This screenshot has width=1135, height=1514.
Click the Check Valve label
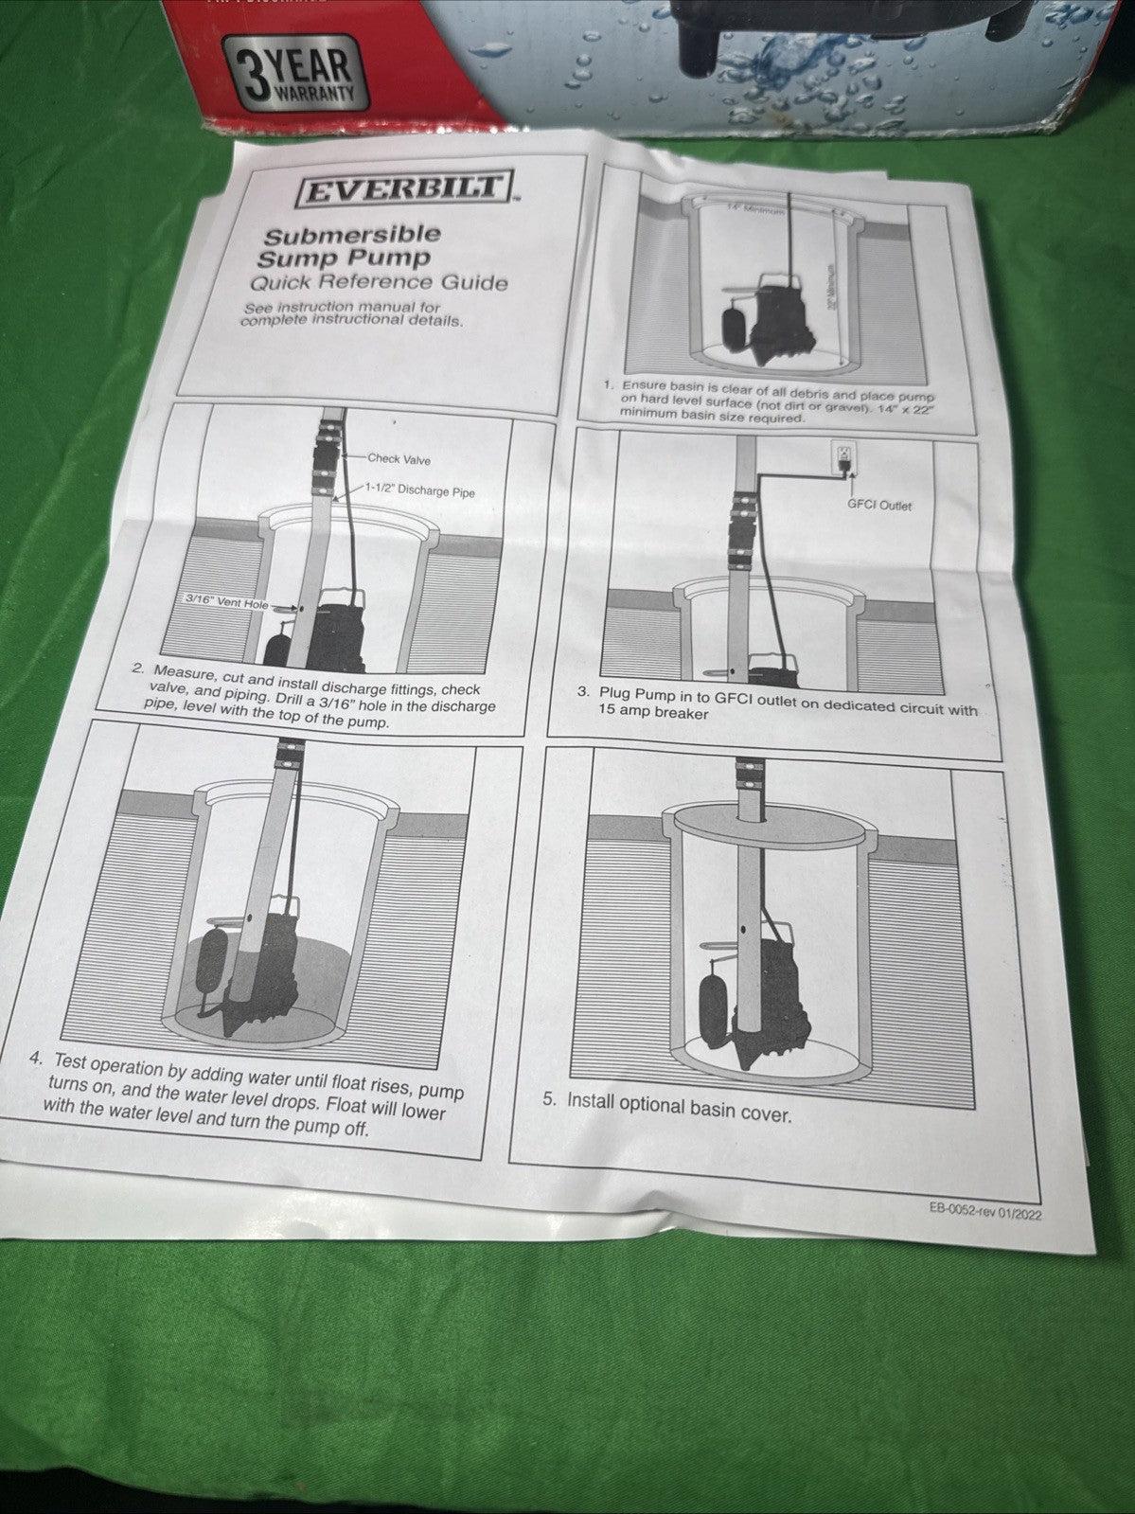coord(399,459)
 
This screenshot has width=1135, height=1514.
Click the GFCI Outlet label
coord(879,506)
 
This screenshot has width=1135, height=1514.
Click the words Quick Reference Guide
coord(378,282)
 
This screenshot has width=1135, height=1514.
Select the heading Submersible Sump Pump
coord(348,245)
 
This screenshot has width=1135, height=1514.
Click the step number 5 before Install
coord(549,1099)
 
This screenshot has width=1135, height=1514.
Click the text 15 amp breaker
coord(652,713)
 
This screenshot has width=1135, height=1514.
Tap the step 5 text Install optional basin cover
coord(679,1107)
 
